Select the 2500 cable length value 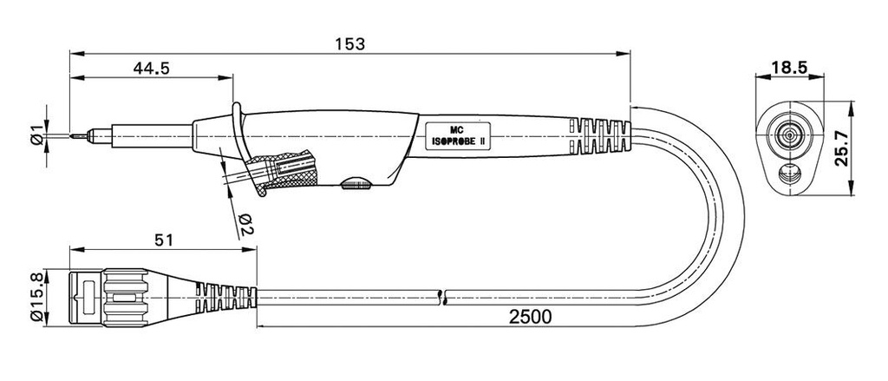[531, 317]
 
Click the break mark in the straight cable [444, 296]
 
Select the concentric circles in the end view [788, 135]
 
